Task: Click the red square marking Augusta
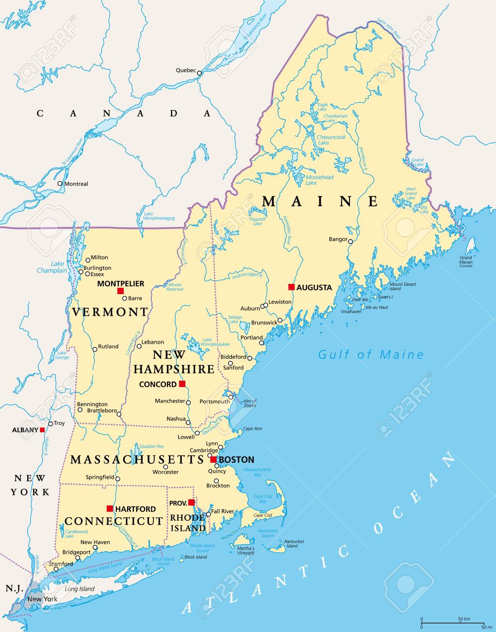coord(291,287)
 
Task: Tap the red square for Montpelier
coord(120,291)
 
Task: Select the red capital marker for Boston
coord(213,459)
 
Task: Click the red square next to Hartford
coord(110,509)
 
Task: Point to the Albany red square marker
coord(42,430)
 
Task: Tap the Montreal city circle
coord(60,183)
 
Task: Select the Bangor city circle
coord(350,241)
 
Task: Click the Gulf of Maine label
coord(371,354)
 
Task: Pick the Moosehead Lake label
coord(319,180)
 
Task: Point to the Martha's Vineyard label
coord(246,550)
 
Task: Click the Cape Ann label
coord(252,428)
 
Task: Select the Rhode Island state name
coord(188,523)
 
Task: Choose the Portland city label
coord(251,337)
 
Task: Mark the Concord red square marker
coord(182,384)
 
